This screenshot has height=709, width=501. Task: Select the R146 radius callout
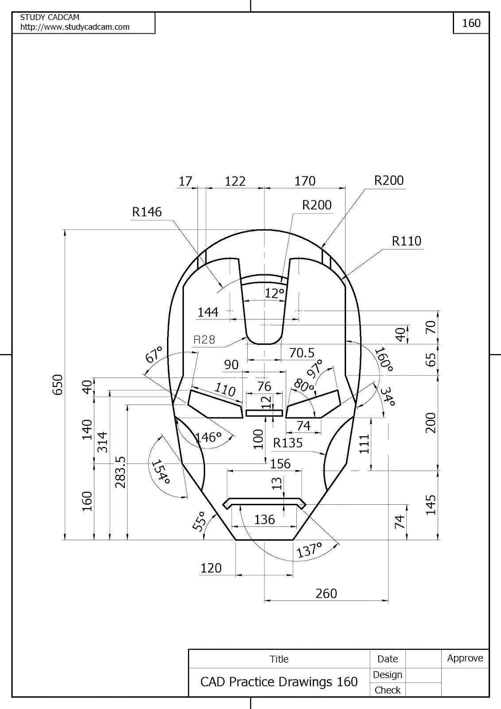point(147,212)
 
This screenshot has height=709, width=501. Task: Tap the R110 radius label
point(406,241)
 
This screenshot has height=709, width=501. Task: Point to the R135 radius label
point(288,443)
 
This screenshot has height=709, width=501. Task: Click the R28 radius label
point(204,340)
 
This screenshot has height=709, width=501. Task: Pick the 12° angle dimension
point(275,293)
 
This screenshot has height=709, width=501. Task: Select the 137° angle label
point(309,550)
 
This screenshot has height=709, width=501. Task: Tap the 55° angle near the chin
point(199,521)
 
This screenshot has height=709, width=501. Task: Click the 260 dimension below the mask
point(326,593)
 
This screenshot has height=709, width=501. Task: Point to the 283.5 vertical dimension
point(120,472)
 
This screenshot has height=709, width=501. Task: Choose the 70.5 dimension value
point(302,353)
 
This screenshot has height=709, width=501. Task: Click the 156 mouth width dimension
point(280,464)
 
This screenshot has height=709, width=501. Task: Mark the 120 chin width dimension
point(211,568)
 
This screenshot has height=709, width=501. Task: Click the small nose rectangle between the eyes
point(264,413)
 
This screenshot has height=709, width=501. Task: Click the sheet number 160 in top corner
point(471,23)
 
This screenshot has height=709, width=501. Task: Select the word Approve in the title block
point(465,658)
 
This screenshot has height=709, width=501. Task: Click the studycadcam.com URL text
point(75,27)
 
